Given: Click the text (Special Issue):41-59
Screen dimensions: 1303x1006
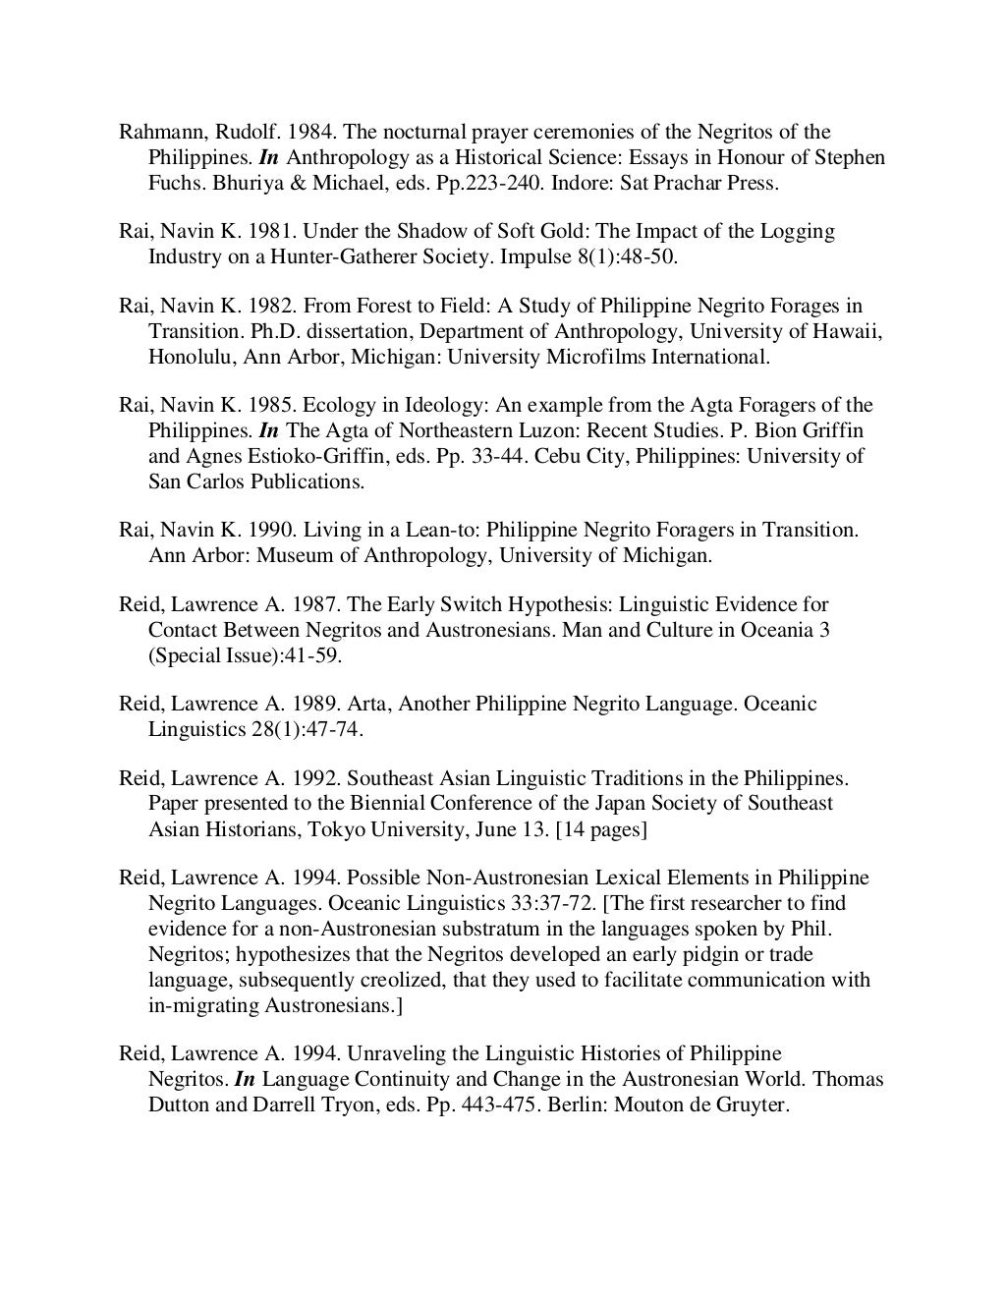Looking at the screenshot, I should tap(245, 655).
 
